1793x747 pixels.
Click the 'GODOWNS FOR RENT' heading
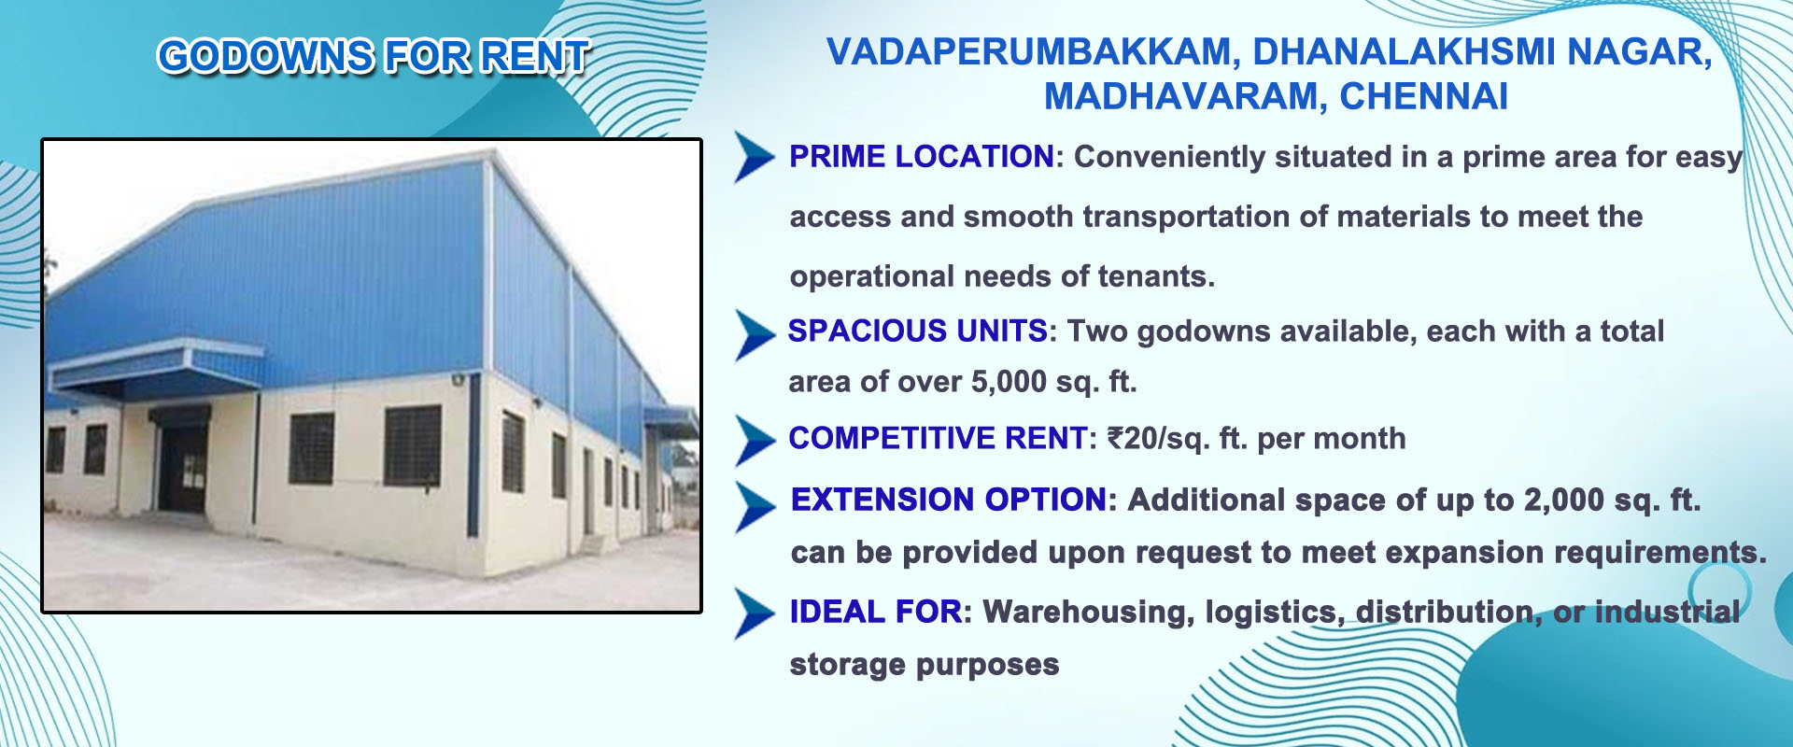(x=374, y=56)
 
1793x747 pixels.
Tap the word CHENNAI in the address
(x=1424, y=97)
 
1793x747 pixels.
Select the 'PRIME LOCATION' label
(x=922, y=157)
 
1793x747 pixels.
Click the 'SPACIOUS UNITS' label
(x=918, y=331)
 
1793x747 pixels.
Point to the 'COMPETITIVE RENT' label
(x=938, y=438)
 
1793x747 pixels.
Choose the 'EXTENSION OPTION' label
(x=949, y=500)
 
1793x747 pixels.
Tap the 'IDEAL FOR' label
(x=876, y=612)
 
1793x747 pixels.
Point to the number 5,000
(x=1009, y=382)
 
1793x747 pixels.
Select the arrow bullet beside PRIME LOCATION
(x=754, y=157)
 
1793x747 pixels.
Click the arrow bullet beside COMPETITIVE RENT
(x=755, y=440)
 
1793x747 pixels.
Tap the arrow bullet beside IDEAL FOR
(x=755, y=613)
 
